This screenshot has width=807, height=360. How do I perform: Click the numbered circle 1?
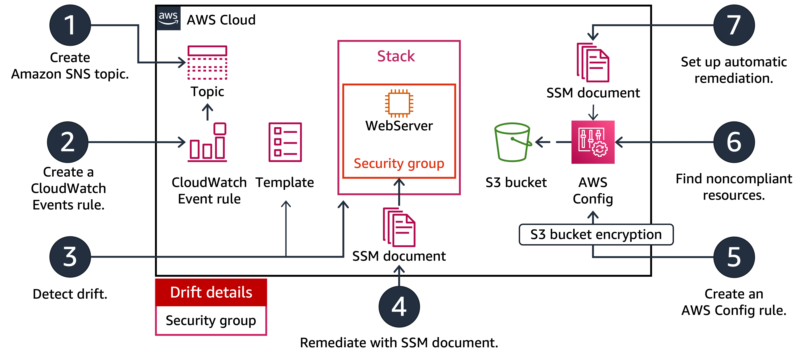[70, 25]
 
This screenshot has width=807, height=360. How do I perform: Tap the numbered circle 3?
[70, 257]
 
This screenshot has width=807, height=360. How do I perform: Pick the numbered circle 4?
[399, 307]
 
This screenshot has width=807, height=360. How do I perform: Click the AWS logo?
[169, 18]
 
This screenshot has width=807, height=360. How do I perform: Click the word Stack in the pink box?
[396, 56]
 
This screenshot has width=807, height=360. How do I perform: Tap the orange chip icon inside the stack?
[399, 103]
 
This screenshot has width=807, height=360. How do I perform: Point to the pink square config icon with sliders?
[593, 142]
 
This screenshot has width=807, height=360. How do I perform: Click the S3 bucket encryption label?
[596, 234]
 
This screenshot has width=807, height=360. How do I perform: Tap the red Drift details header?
[211, 292]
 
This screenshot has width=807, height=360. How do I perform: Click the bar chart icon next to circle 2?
[207, 143]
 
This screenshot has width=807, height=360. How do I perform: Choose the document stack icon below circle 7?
[593, 63]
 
